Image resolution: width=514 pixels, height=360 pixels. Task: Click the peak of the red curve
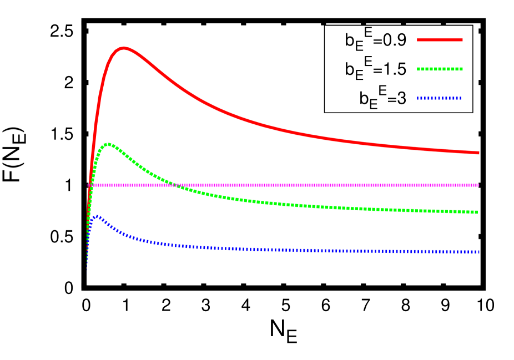tap(123, 48)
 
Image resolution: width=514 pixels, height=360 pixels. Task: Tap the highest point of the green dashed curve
tap(108, 144)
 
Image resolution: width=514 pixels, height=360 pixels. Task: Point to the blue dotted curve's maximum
tap(97, 216)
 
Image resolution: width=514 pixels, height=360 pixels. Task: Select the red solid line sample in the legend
tap(440, 40)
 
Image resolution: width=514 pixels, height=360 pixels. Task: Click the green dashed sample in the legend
tap(440, 69)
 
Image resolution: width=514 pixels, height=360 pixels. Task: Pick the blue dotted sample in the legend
tap(440, 98)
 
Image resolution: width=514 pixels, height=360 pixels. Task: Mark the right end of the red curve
tap(478, 153)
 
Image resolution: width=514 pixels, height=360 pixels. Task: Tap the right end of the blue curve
tap(478, 252)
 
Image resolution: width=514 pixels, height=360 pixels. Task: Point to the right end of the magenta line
tap(478, 185)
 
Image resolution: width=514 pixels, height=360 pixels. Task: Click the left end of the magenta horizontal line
tap(89, 185)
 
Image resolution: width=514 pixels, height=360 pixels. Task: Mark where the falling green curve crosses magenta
tap(174, 185)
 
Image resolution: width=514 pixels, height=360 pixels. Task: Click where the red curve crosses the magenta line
tap(89, 185)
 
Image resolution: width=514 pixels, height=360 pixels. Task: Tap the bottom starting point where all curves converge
tap(87, 268)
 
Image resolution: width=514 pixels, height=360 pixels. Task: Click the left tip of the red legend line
tap(418, 40)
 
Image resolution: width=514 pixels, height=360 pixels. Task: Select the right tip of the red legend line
tap(462, 40)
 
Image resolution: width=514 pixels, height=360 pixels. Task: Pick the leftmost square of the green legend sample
tap(419, 69)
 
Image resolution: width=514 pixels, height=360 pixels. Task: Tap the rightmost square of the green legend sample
tap(461, 69)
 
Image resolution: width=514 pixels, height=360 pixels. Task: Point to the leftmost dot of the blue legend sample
tap(419, 98)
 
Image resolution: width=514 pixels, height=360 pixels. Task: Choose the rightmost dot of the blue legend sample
tap(460, 98)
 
